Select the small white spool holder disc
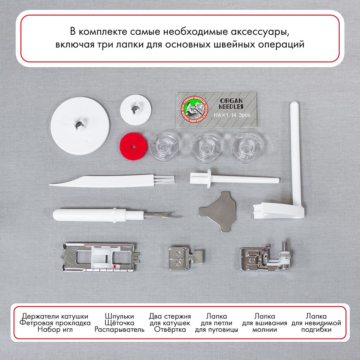[136, 109]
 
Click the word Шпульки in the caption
[119, 316]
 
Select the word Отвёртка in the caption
[170, 330]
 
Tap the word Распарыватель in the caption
[119, 330]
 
